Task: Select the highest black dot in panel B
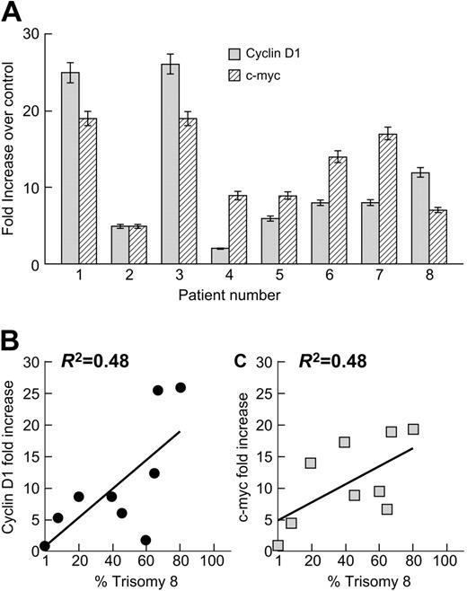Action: point(181,387)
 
